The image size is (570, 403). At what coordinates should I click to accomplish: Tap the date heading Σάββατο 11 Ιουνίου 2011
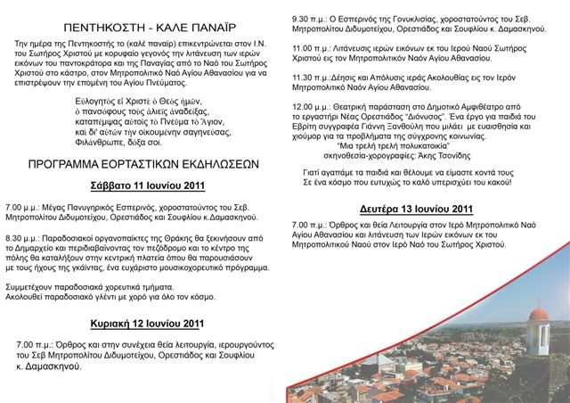pos(148,185)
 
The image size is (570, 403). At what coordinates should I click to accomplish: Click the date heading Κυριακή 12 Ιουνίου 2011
pos(148,323)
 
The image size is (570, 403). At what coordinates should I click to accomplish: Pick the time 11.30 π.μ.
pos(311,78)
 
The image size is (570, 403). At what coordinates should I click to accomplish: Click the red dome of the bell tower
pos(537,313)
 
